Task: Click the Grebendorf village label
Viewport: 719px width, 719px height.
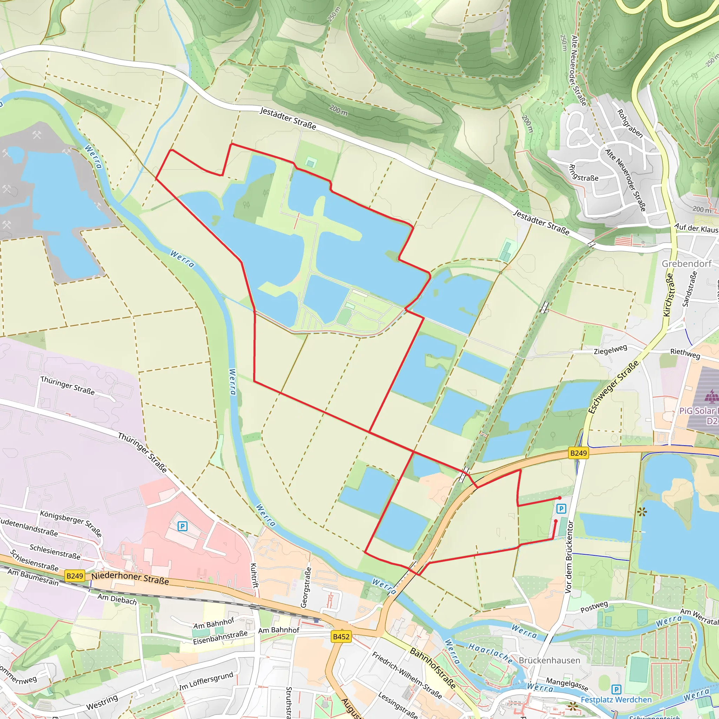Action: coord(686,264)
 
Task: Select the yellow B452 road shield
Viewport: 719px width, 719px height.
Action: coord(341,636)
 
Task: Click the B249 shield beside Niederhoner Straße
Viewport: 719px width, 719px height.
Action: coord(75,576)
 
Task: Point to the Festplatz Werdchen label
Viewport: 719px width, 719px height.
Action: coord(616,700)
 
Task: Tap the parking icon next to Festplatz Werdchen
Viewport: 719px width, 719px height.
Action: coord(616,689)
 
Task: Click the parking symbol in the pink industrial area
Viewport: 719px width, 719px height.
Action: coord(182,526)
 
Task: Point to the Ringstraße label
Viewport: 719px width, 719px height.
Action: coord(583,173)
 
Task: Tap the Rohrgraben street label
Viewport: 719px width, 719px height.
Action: coord(630,124)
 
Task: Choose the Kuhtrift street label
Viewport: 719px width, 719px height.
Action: coord(254,575)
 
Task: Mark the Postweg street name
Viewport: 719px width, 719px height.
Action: coord(594,607)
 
